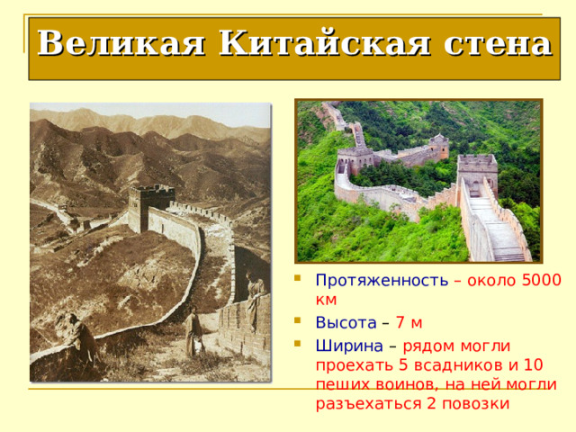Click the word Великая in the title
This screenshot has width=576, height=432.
pos(121,43)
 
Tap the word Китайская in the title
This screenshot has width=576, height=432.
pos(324,43)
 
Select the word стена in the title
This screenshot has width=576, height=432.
pos(498,44)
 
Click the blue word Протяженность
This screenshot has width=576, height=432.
pos(382,280)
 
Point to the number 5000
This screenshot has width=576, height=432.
pos(542,280)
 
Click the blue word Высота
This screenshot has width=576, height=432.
pos(346,322)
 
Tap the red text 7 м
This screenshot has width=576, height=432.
pos(409,322)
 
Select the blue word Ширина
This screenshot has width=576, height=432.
pos(349,346)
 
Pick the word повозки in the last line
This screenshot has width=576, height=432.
pos(476,403)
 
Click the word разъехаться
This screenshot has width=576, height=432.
pos(369,403)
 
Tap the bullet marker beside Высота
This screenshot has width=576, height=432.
pos(298,320)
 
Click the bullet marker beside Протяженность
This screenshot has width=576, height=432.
pos(298,278)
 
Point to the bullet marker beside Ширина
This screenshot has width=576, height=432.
pos(298,344)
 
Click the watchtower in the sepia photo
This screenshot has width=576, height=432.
pos(150,208)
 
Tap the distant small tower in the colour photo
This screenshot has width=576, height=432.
pos(439,146)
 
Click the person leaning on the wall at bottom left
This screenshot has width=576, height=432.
pos(80,336)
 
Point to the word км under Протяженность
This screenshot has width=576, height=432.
pos(326,300)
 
